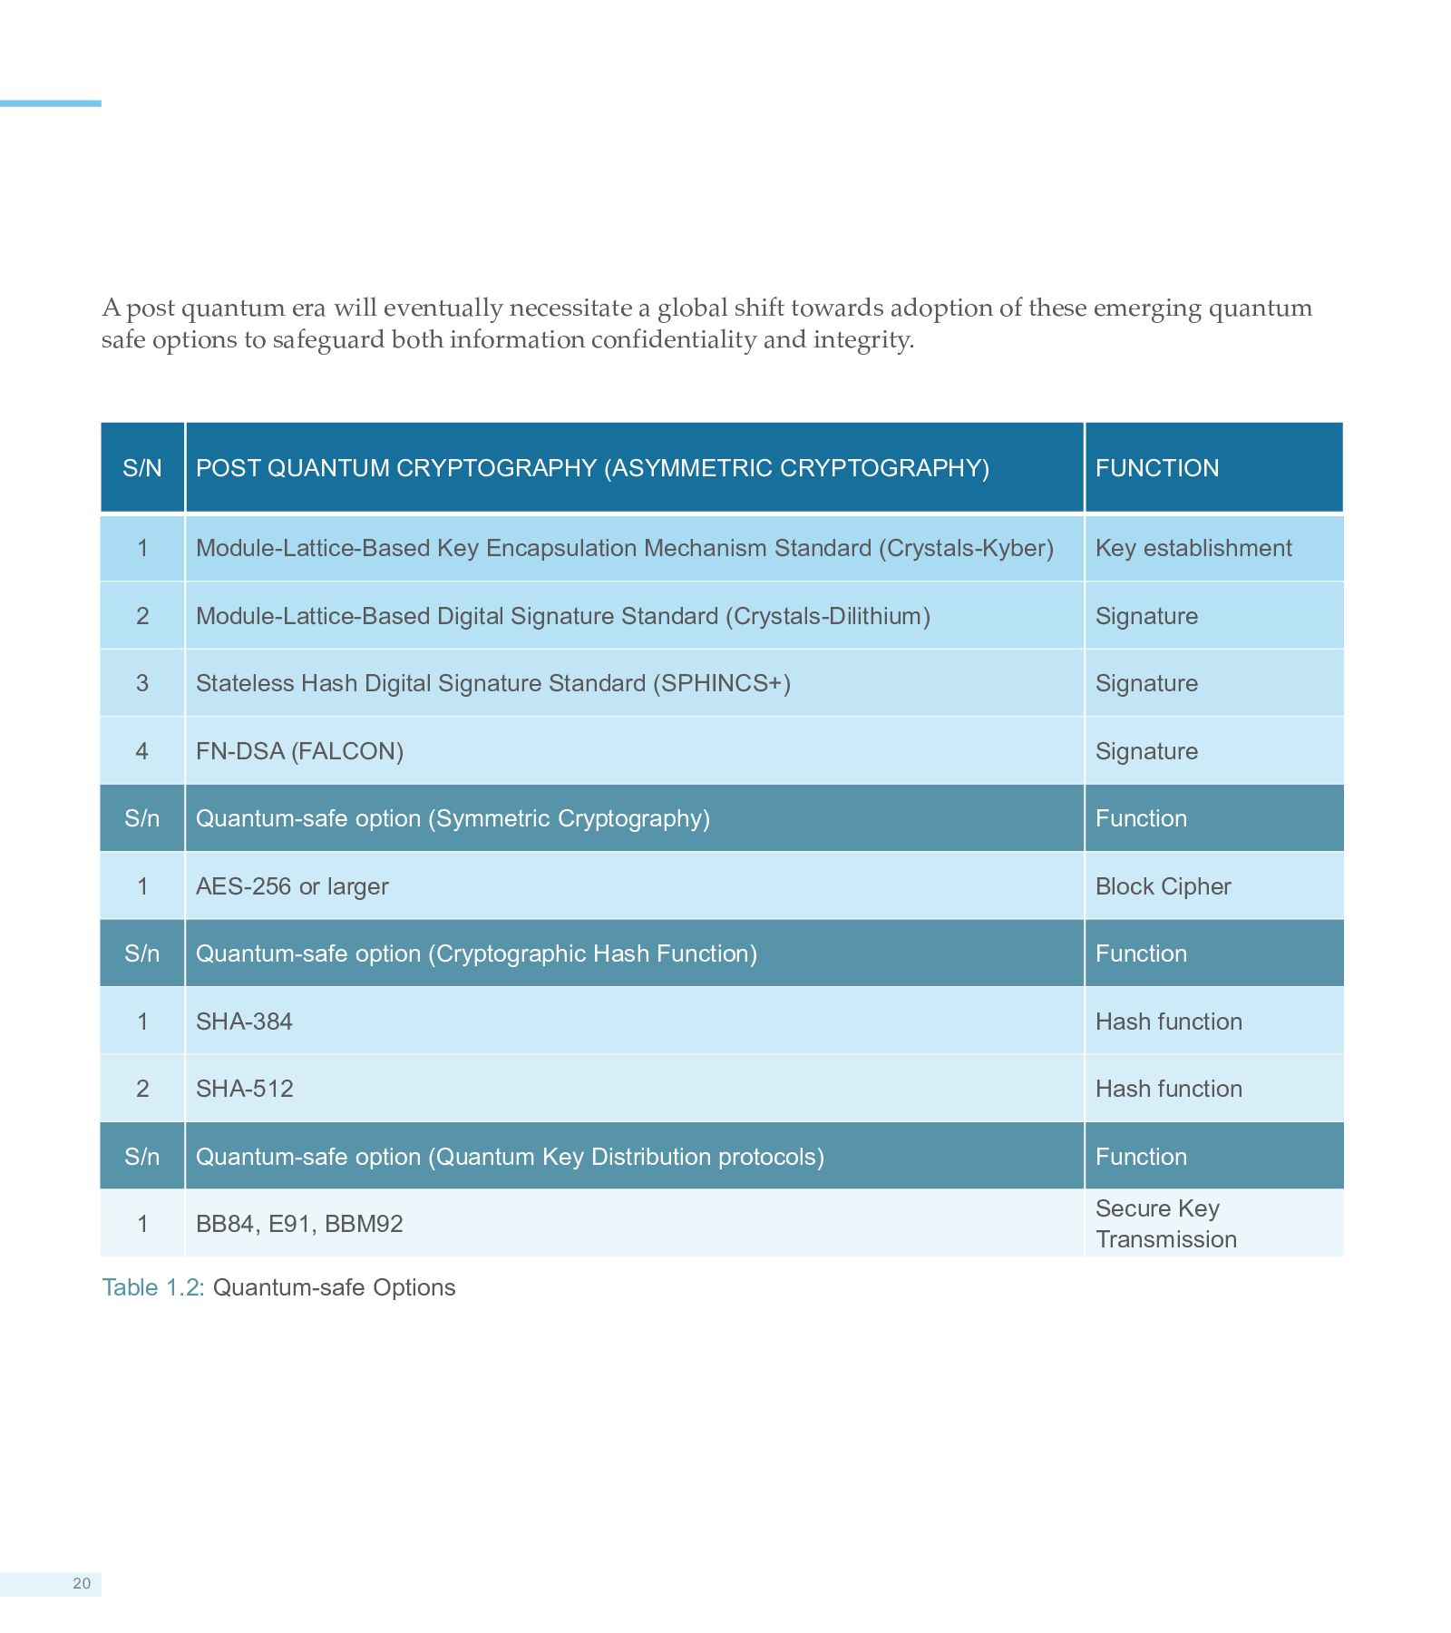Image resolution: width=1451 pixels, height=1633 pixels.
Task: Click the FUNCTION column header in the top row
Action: click(1157, 468)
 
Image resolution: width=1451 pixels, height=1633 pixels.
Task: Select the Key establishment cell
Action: click(1193, 548)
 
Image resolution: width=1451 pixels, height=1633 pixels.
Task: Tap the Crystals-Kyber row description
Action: click(624, 548)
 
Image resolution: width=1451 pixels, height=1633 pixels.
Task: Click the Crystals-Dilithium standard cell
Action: click(562, 616)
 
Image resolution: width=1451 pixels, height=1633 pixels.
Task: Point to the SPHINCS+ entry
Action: click(492, 683)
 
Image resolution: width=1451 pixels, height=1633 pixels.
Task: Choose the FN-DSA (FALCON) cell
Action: click(299, 751)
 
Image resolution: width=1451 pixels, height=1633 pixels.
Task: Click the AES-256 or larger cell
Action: click(292, 886)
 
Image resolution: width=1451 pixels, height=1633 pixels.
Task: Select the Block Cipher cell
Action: click(1163, 886)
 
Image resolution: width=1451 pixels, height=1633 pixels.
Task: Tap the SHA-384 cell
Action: click(244, 1022)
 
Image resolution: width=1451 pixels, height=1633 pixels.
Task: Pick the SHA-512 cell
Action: click(244, 1089)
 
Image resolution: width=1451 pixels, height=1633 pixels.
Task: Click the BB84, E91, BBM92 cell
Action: click(299, 1224)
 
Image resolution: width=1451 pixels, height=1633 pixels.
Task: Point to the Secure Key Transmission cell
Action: click(1165, 1224)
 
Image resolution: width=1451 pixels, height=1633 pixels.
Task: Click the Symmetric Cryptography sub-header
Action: click(453, 818)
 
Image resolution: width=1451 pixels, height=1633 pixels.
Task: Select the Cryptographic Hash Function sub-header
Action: click(476, 953)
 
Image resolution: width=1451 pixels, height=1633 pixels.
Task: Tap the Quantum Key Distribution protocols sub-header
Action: click(510, 1157)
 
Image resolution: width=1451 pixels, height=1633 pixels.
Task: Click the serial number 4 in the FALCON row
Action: click(142, 751)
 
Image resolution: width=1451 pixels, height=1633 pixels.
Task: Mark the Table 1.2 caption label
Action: click(152, 1287)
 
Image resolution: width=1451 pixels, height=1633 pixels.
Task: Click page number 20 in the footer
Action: click(82, 1584)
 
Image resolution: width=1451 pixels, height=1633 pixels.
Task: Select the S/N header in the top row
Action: click(142, 468)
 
